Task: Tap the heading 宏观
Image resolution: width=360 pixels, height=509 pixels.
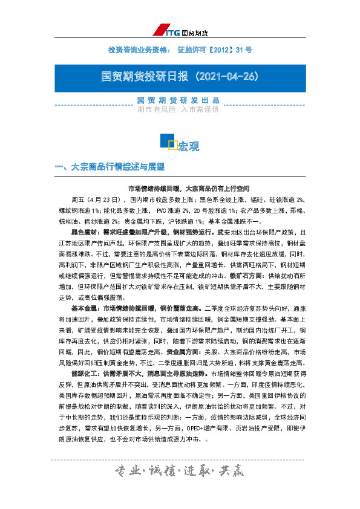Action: point(188,146)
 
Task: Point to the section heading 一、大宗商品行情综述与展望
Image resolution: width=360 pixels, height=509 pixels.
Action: point(110,166)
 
